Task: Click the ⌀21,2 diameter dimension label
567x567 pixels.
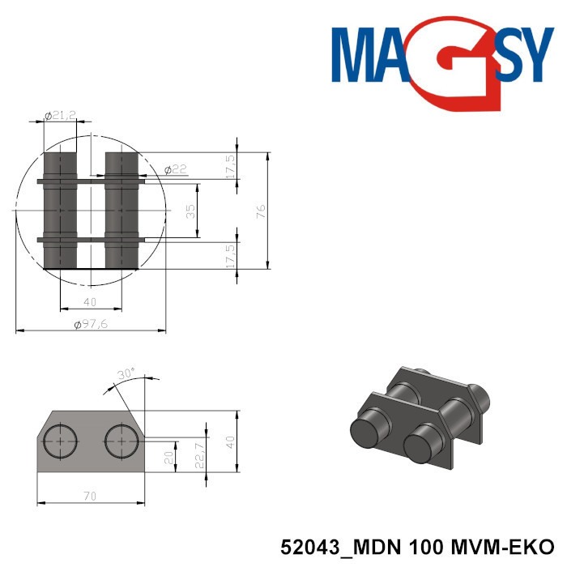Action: coord(61,116)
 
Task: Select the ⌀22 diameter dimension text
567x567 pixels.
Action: coord(175,169)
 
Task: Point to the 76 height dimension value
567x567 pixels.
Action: coord(261,211)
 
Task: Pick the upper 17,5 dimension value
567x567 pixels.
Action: coord(231,166)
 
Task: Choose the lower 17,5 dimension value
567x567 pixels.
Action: coord(231,256)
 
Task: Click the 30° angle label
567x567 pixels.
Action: coord(125,375)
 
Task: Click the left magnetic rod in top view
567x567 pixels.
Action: coord(60,211)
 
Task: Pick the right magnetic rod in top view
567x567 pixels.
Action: coord(122,211)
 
